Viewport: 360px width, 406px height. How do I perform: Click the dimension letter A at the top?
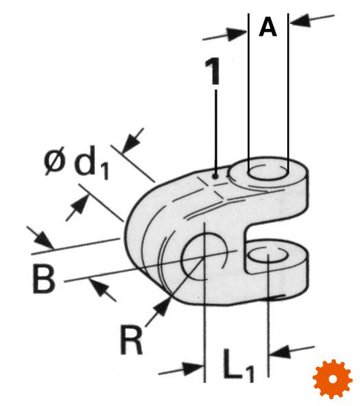267,27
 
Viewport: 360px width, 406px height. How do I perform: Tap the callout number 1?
213,71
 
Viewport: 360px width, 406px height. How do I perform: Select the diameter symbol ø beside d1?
54,162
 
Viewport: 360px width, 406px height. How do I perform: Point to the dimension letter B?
44,280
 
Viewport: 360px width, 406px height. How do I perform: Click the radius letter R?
132,339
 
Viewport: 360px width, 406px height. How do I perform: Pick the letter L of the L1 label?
232,363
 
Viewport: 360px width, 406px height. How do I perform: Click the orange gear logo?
333,379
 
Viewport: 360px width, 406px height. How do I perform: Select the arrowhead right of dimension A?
300,21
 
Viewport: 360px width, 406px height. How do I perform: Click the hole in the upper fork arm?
268,171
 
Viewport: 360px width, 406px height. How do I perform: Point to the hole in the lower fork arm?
268,255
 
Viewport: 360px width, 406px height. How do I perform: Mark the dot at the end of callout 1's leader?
215,177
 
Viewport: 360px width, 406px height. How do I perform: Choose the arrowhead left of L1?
193,368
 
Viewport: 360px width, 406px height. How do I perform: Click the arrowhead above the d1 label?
132,142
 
